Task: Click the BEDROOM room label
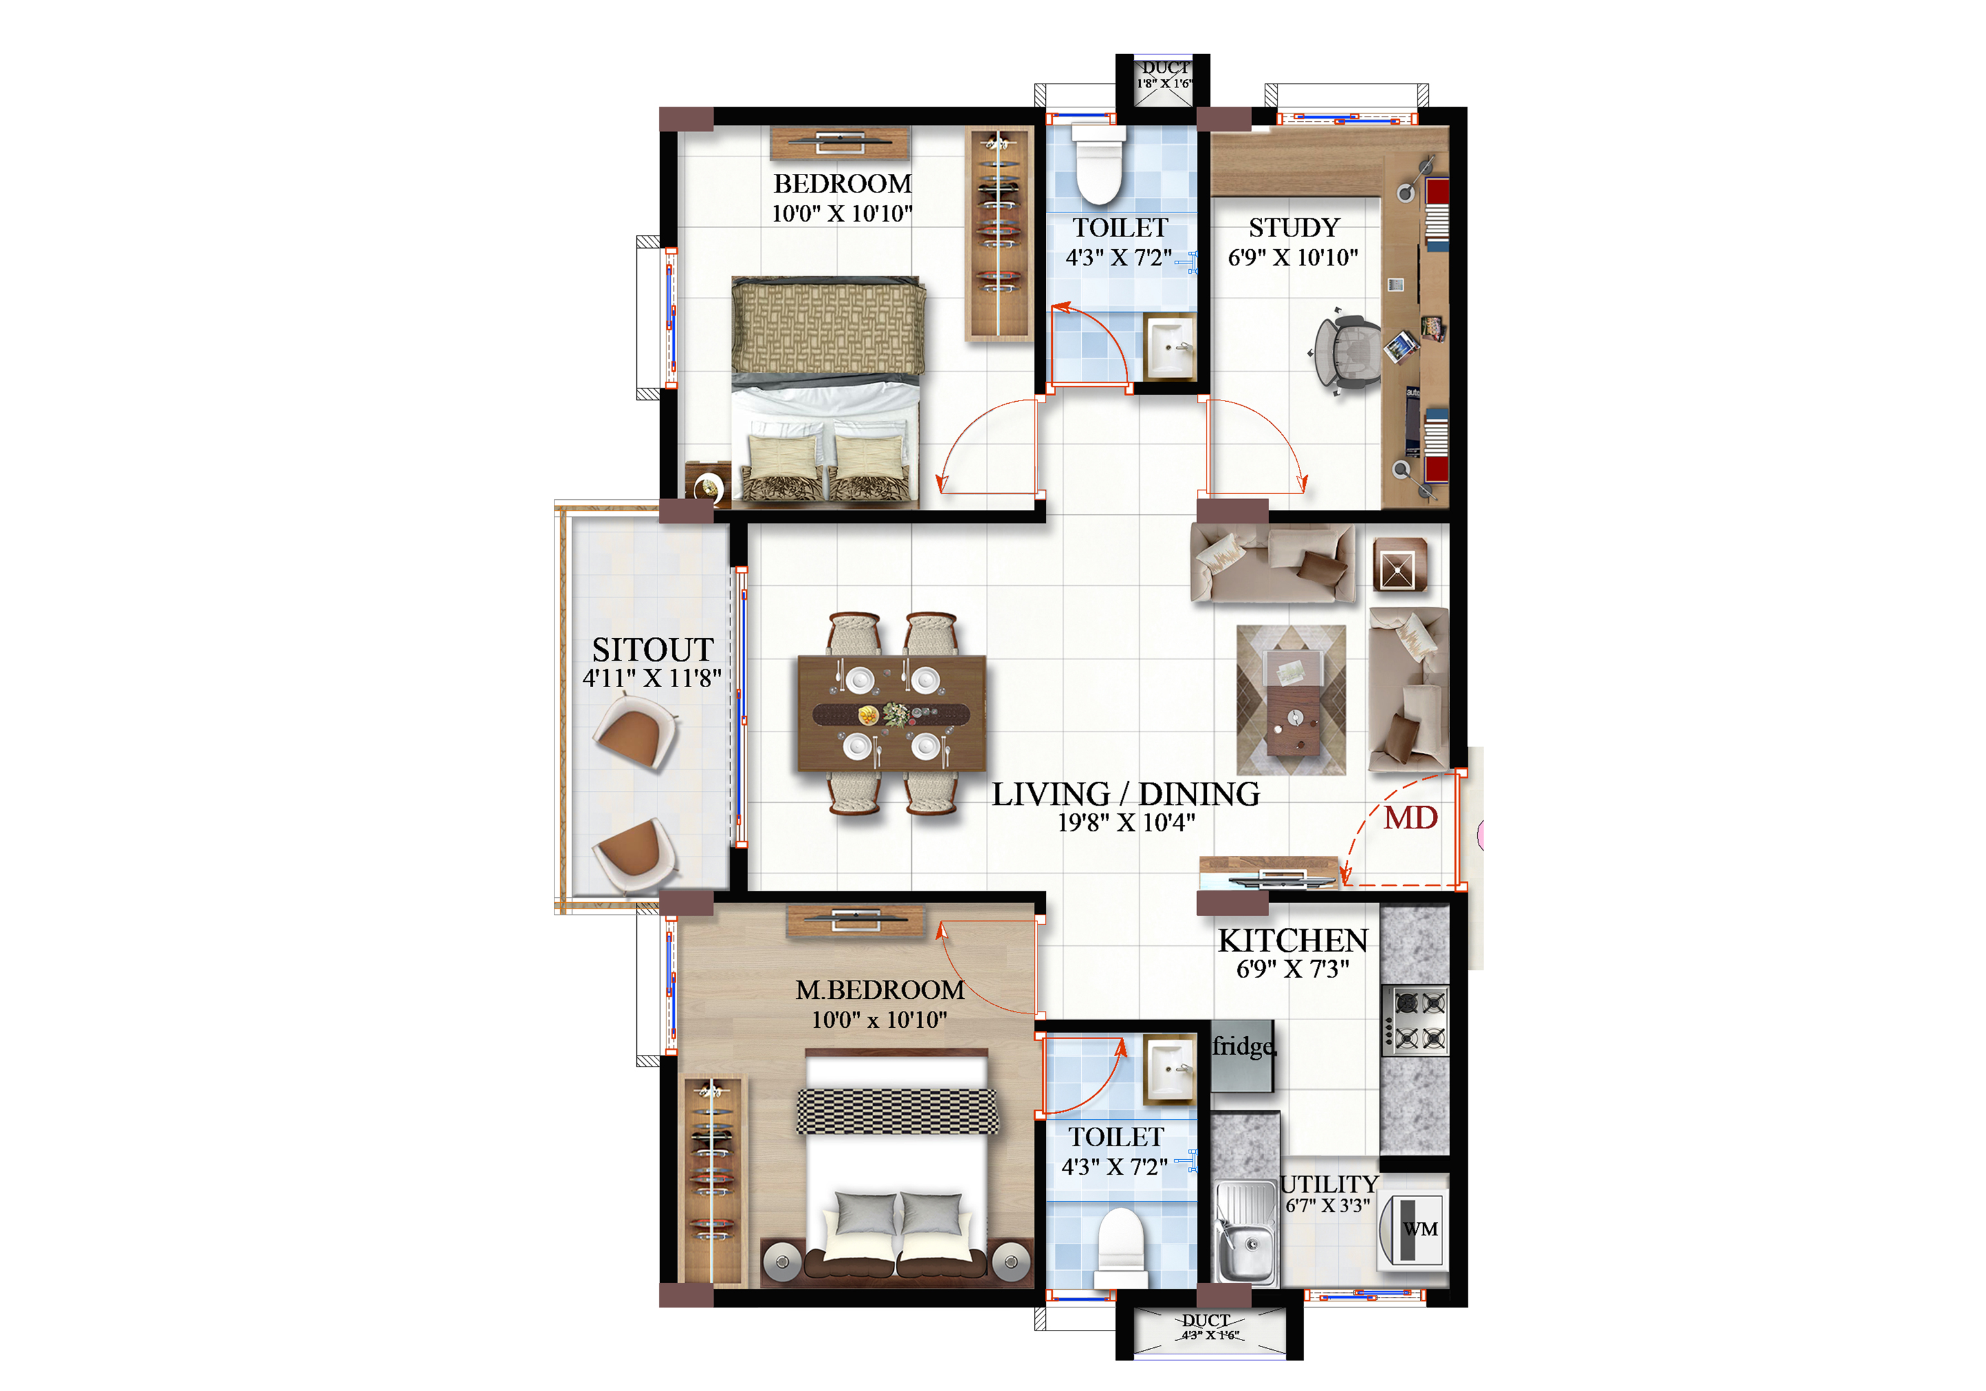[x=842, y=184]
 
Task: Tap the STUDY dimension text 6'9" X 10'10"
[x=1293, y=257]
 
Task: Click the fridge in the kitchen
[x=1243, y=1056]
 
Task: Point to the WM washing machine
[x=1412, y=1229]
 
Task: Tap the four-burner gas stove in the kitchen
[x=1415, y=1021]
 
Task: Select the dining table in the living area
[x=892, y=714]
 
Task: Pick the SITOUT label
[x=652, y=650]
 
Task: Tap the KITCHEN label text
[x=1293, y=940]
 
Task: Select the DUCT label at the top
[x=1164, y=68]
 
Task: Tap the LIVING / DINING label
[x=1126, y=794]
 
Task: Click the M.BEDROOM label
[x=880, y=990]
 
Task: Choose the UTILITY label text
[x=1330, y=1184]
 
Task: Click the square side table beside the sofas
[x=1399, y=565]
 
